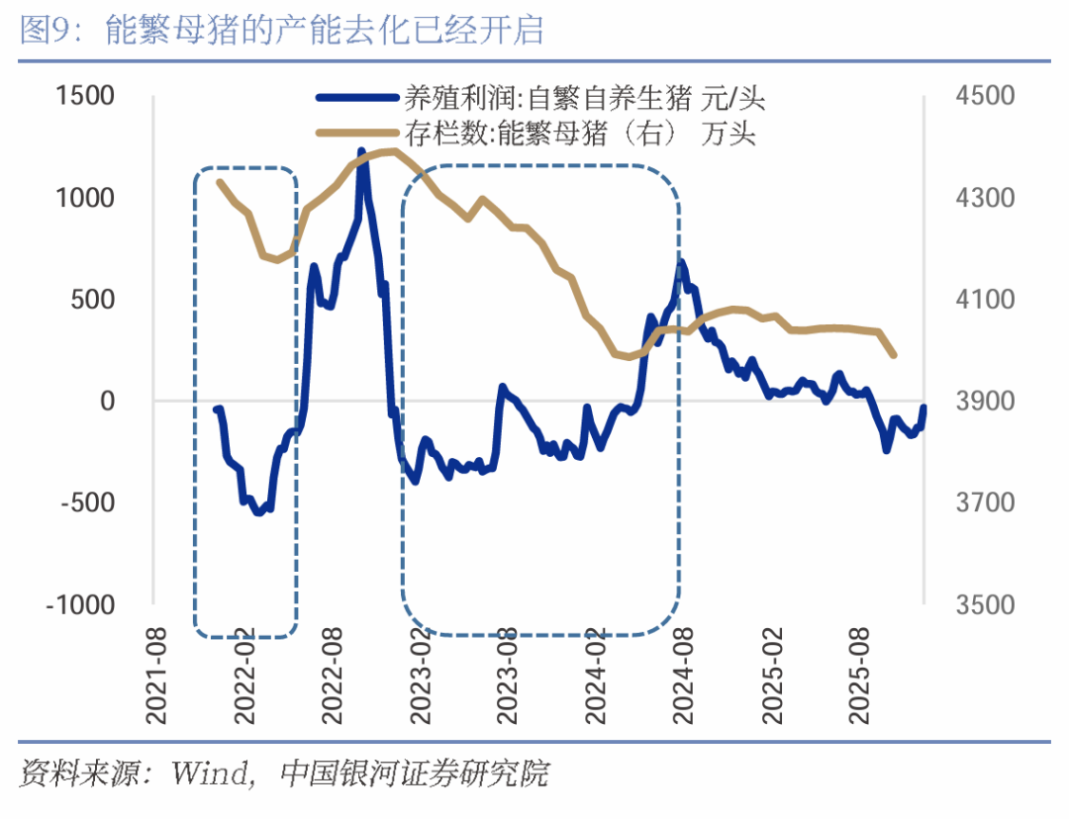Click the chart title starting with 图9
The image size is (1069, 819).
(282, 29)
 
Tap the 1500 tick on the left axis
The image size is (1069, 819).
(86, 96)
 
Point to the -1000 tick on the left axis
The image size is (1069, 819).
(81, 604)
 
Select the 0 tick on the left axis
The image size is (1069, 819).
(107, 401)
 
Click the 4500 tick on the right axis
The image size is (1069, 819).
(984, 96)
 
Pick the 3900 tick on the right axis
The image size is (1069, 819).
(984, 401)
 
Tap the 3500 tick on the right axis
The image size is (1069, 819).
(984, 604)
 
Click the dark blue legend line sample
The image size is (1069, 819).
(356, 98)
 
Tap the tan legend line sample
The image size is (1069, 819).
(356, 133)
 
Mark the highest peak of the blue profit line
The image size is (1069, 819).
(361, 151)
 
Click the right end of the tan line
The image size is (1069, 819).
(894, 355)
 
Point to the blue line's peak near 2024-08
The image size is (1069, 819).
(682, 263)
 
